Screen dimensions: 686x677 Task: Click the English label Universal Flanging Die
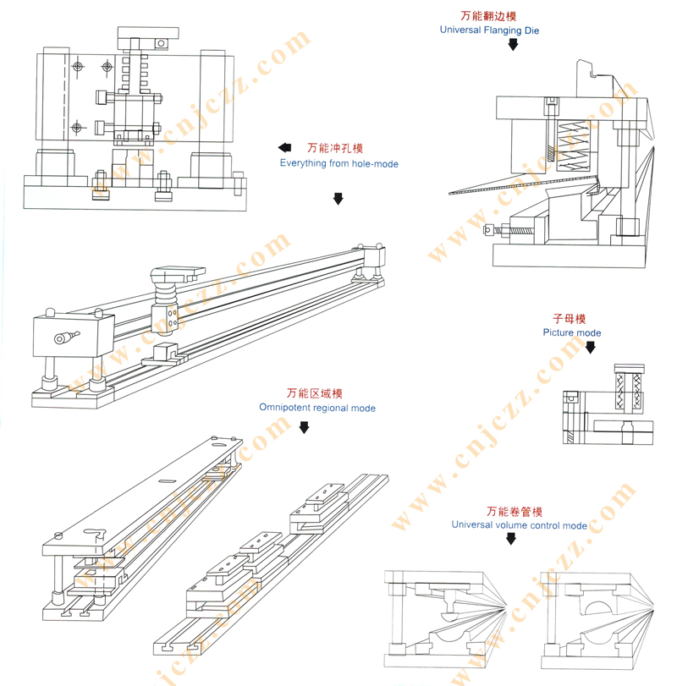[x=489, y=30]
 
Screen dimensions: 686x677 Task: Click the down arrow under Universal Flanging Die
[x=513, y=45]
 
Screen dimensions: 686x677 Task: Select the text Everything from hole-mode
[x=338, y=162]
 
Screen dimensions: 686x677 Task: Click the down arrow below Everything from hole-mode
[x=338, y=199]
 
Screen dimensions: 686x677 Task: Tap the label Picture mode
[x=572, y=332]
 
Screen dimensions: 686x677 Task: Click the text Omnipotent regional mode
[x=317, y=408]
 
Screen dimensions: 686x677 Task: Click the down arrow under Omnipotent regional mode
[x=304, y=428]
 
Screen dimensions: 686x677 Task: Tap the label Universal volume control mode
[x=519, y=525]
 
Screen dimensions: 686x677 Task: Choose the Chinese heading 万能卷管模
[x=515, y=512]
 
